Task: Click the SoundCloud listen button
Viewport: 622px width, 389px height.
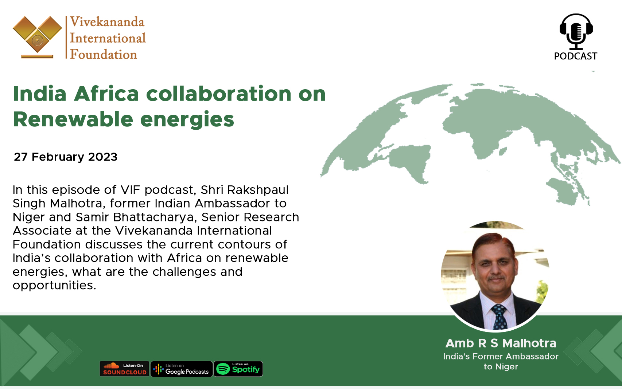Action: [x=124, y=369]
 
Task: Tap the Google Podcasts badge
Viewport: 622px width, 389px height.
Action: [x=182, y=369]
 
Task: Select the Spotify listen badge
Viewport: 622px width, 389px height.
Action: [x=238, y=369]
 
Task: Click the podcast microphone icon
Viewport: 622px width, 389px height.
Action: [x=576, y=31]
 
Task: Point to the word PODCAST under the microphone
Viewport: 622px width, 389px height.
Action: [x=576, y=56]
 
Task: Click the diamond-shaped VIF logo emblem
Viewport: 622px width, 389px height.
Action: [x=37, y=37]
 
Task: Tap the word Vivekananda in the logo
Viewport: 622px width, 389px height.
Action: [x=107, y=22]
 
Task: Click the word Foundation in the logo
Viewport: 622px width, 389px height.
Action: [x=104, y=54]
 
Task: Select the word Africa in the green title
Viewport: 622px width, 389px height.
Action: [x=106, y=94]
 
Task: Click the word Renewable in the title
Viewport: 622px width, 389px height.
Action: [x=73, y=119]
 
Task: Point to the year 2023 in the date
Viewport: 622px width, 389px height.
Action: [x=102, y=157]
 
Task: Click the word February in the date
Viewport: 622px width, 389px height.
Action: [x=58, y=157]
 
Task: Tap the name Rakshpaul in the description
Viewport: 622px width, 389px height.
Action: [x=258, y=190]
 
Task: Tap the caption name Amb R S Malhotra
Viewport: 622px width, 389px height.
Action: [x=501, y=343]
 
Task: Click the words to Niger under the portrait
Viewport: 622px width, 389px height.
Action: [x=501, y=367]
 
